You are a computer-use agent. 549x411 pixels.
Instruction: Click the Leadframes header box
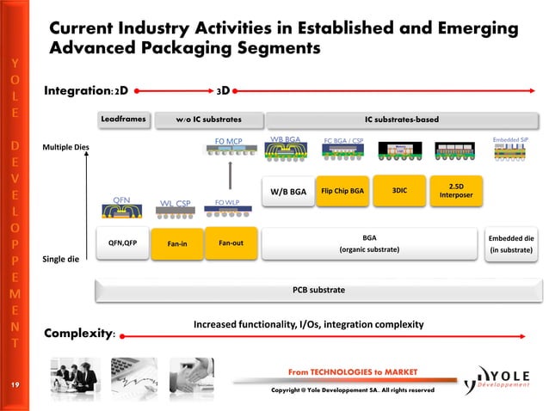point(125,118)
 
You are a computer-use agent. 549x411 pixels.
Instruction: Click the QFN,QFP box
point(122,242)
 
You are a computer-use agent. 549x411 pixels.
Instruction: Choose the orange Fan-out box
point(231,242)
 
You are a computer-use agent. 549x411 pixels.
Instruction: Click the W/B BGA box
point(288,192)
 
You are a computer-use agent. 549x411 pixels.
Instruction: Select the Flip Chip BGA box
point(342,191)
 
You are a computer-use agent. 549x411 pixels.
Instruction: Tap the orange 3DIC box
point(399,191)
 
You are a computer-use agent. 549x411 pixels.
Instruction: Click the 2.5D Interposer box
point(456,191)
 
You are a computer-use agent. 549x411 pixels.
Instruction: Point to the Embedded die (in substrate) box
point(511,243)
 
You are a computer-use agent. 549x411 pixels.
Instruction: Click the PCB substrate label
point(318,291)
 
